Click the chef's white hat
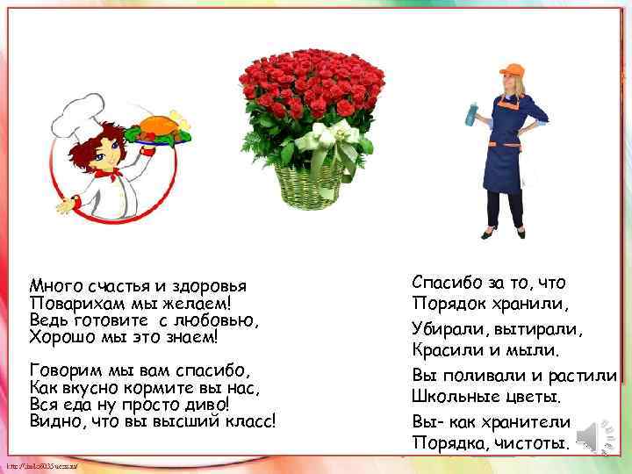tap(74, 115)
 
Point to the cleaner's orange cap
tap(511, 69)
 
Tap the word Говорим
tap(64, 369)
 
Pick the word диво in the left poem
tap(207, 404)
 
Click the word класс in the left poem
tap(250, 420)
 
